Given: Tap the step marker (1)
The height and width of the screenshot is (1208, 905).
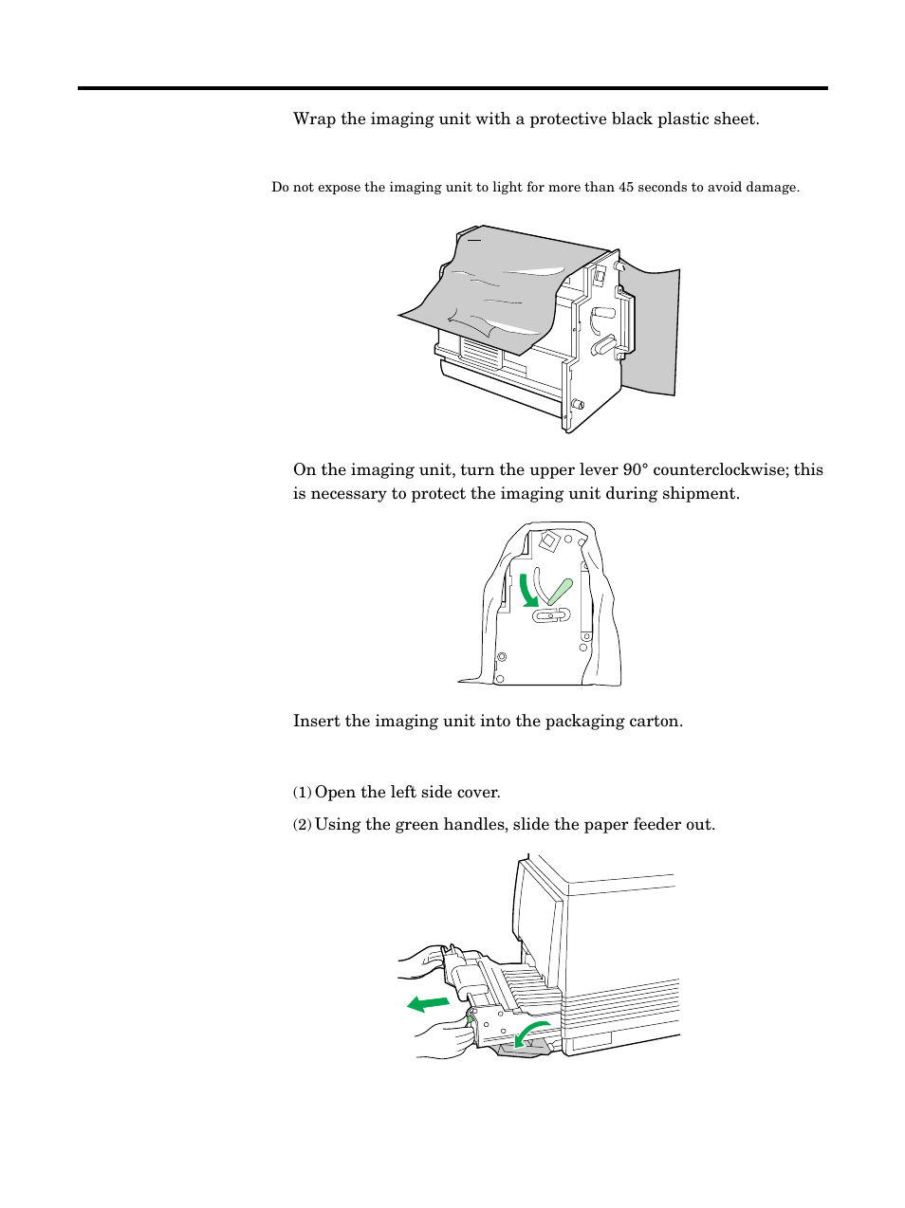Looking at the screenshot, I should pyautogui.click(x=302, y=793).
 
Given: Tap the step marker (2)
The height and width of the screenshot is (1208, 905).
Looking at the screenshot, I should pyautogui.click(x=302, y=825).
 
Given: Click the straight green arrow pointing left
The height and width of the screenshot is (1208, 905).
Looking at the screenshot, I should pyautogui.click(x=429, y=1002).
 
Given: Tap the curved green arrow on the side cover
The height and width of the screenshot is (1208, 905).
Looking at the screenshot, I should pyautogui.click(x=530, y=1033).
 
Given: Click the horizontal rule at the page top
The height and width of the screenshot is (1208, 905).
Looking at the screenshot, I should pyautogui.click(x=452, y=89).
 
